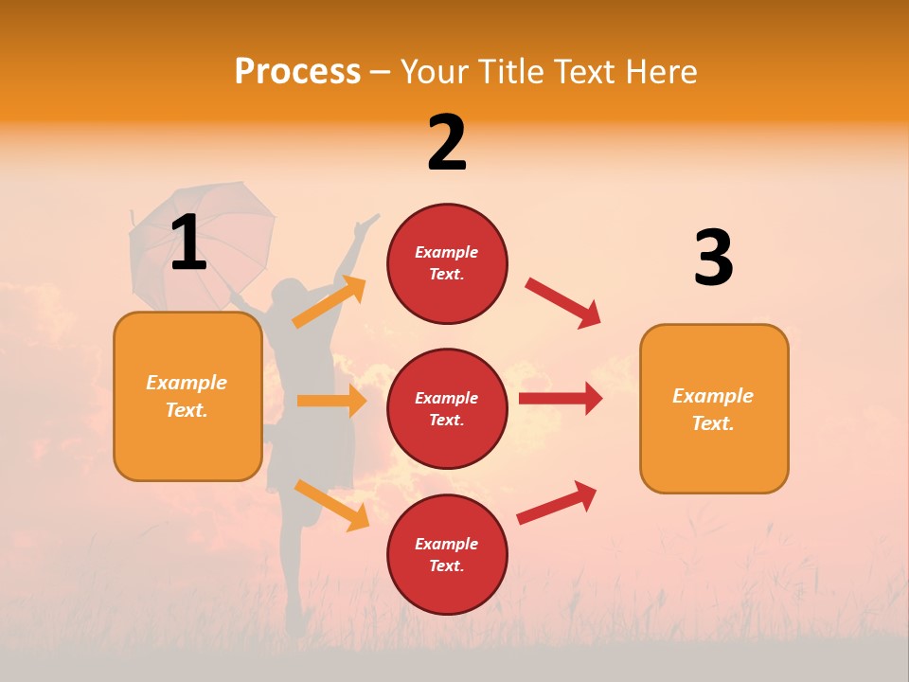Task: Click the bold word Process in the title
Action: coord(297,72)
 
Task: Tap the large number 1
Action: coord(187,242)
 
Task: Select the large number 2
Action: coord(447,143)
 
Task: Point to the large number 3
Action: coord(713,259)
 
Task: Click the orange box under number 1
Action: coord(187,396)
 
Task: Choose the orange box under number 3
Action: coord(714,408)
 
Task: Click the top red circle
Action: coord(447,263)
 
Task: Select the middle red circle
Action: coord(447,408)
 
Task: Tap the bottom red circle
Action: coord(447,554)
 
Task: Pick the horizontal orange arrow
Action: coord(331,401)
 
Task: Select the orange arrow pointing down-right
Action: coord(331,505)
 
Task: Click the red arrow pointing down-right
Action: coord(563,303)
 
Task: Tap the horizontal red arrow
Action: coord(561,398)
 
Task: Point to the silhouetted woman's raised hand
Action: coord(365,224)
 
